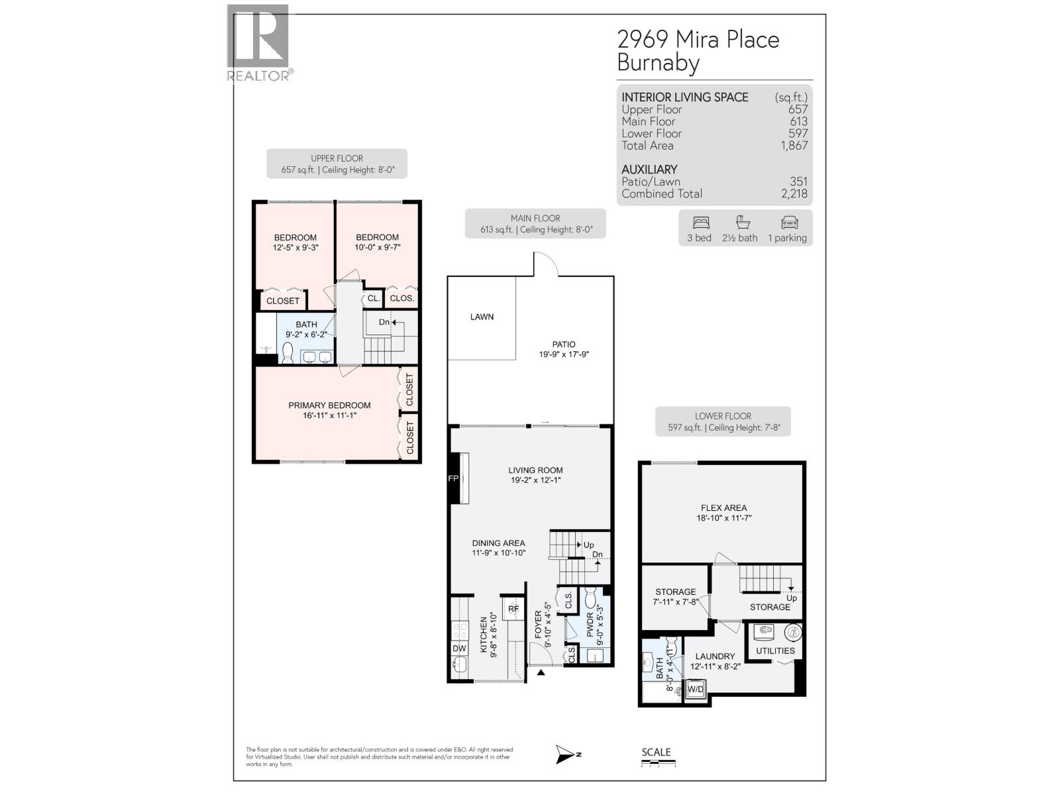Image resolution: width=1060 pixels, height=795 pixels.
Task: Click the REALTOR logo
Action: [258, 43]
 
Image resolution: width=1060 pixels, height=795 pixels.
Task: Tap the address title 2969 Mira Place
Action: [698, 40]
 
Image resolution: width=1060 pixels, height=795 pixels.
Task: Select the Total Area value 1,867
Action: [794, 146]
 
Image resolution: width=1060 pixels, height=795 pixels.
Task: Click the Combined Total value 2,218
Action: [794, 194]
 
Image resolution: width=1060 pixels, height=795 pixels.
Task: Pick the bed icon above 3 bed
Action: [700, 223]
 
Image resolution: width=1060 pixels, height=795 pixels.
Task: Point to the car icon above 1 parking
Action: [789, 223]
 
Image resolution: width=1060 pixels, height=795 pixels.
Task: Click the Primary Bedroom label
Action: [329, 405]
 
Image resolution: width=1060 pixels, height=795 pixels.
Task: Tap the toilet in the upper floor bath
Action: [288, 354]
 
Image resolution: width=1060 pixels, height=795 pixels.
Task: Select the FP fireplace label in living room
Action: [453, 478]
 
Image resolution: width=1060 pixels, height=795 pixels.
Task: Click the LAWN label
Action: [482, 317]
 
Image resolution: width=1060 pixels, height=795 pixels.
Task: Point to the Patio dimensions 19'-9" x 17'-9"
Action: [564, 354]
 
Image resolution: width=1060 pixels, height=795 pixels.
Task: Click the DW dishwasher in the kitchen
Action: [459, 649]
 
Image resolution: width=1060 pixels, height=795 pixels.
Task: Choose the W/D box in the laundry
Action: [696, 690]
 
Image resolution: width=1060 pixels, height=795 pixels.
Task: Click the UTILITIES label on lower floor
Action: [775, 651]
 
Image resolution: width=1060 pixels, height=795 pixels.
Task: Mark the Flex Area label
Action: [723, 508]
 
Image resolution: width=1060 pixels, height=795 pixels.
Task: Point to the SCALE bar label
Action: [656, 752]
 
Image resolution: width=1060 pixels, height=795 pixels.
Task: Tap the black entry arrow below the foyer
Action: [541, 673]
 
